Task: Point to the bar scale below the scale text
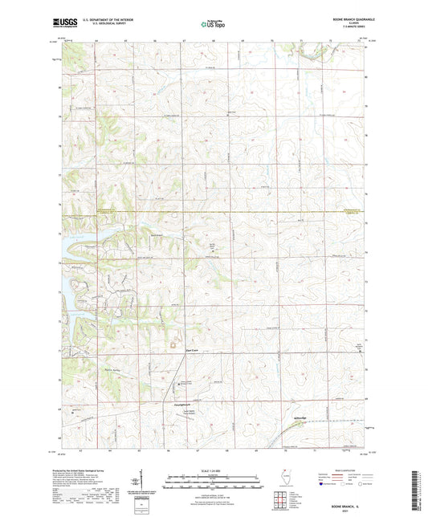click(214, 483)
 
